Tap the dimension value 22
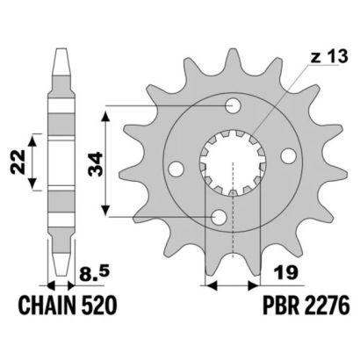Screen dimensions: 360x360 (18, 162)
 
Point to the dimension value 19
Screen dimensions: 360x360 (286, 272)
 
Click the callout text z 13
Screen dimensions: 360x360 (329, 57)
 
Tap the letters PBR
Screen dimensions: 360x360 (277, 306)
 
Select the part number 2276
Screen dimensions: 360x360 (324, 306)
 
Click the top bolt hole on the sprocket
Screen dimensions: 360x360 (233, 105)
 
